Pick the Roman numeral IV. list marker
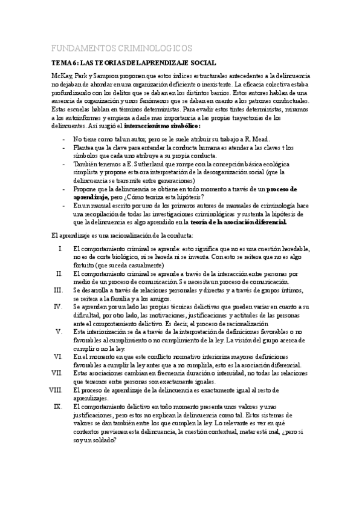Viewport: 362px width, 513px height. click(x=59, y=307)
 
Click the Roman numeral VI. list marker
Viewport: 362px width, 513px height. click(x=58, y=357)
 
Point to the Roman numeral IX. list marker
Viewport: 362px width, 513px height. click(x=58, y=407)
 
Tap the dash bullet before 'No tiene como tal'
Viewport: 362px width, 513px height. click(x=64, y=139)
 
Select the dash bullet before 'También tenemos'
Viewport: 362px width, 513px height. click(x=64, y=164)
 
